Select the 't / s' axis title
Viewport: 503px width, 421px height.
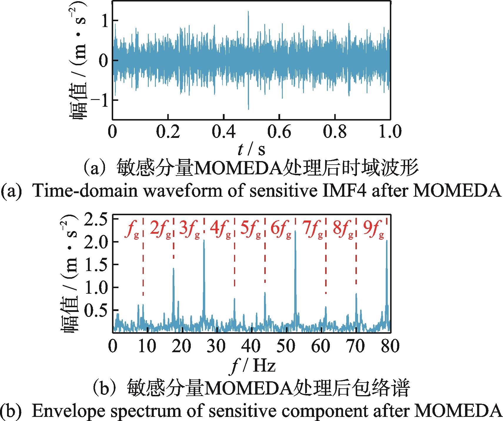point(251,150)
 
